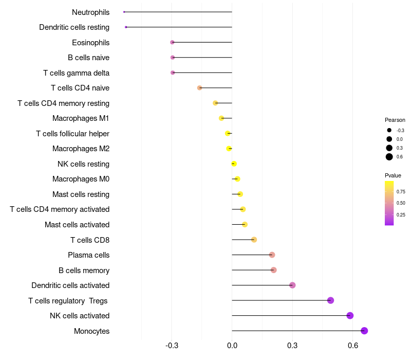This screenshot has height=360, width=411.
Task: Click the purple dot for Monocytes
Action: pos(364,331)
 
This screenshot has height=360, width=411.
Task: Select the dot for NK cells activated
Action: pos(350,316)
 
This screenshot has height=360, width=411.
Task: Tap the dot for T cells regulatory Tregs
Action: pos(330,300)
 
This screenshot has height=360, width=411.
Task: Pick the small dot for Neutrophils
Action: pos(124,12)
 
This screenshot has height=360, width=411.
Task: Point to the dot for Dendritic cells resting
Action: pos(126,27)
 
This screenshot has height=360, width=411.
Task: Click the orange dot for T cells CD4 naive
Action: pos(199,88)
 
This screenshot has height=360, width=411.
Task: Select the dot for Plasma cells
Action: pos(272,255)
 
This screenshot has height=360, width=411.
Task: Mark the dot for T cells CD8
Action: pos(254,240)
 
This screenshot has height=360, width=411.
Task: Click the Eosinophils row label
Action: pos(91,42)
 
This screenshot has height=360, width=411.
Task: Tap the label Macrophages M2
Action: pos(81,149)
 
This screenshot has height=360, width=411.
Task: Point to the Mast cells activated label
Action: pos(77,225)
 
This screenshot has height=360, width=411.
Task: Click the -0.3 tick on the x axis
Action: pos(172,345)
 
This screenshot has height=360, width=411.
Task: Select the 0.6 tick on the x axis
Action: pos(353,345)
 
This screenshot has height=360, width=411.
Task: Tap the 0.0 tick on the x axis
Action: pos(232,345)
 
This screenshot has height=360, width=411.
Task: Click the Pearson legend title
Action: pos(395,120)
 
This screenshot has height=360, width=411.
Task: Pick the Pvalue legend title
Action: pos(393,175)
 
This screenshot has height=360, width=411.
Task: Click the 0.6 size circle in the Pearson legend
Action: pos(389,157)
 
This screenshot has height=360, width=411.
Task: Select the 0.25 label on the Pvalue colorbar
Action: pos(401,214)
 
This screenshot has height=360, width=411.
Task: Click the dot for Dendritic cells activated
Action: pos(292,285)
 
